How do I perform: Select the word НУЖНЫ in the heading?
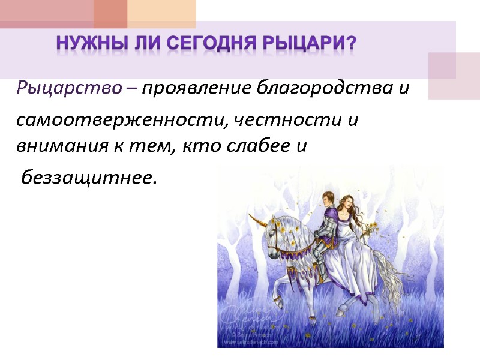click(x=82, y=44)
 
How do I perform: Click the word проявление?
click(x=198, y=89)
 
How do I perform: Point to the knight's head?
click(x=328, y=199)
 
